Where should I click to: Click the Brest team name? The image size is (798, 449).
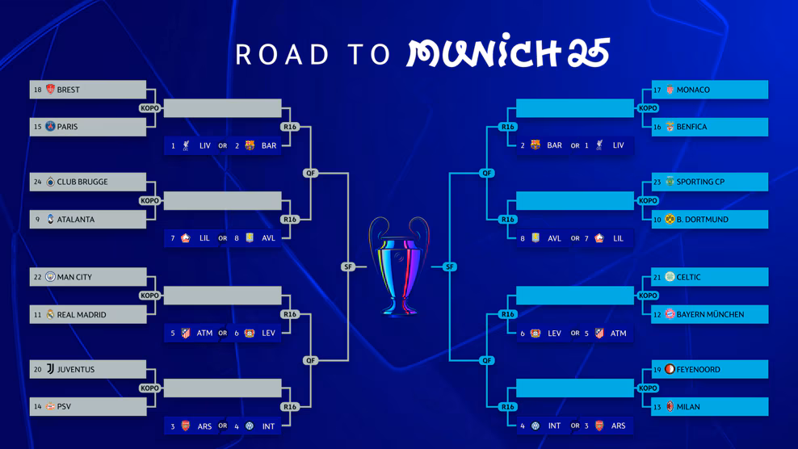click(69, 90)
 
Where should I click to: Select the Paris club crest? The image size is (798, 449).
click(50, 127)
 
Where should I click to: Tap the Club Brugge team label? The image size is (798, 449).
click(82, 183)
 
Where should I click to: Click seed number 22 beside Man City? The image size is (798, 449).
click(37, 277)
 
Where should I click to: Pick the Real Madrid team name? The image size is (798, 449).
click(82, 315)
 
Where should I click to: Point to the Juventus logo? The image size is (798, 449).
click(50, 370)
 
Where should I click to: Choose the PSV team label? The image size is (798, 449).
click(64, 407)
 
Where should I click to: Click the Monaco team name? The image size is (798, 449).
click(693, 90)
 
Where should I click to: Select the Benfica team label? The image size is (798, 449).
click(691, 127)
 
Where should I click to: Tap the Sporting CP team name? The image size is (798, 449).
click(700, 183)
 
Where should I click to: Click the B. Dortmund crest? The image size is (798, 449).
click(670, 219)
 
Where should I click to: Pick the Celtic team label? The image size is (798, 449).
click(689, 277)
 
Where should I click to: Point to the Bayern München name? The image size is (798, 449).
click(711, 315)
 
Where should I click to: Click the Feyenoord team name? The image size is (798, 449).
click(699, 370)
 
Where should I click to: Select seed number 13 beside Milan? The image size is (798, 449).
click(657, 407)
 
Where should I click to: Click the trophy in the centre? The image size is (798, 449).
click(399, 266)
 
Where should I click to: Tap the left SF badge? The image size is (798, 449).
click(348, 266)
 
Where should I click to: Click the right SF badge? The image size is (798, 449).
click(450, 266)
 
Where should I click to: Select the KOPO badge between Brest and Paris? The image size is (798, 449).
click(150, 108)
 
